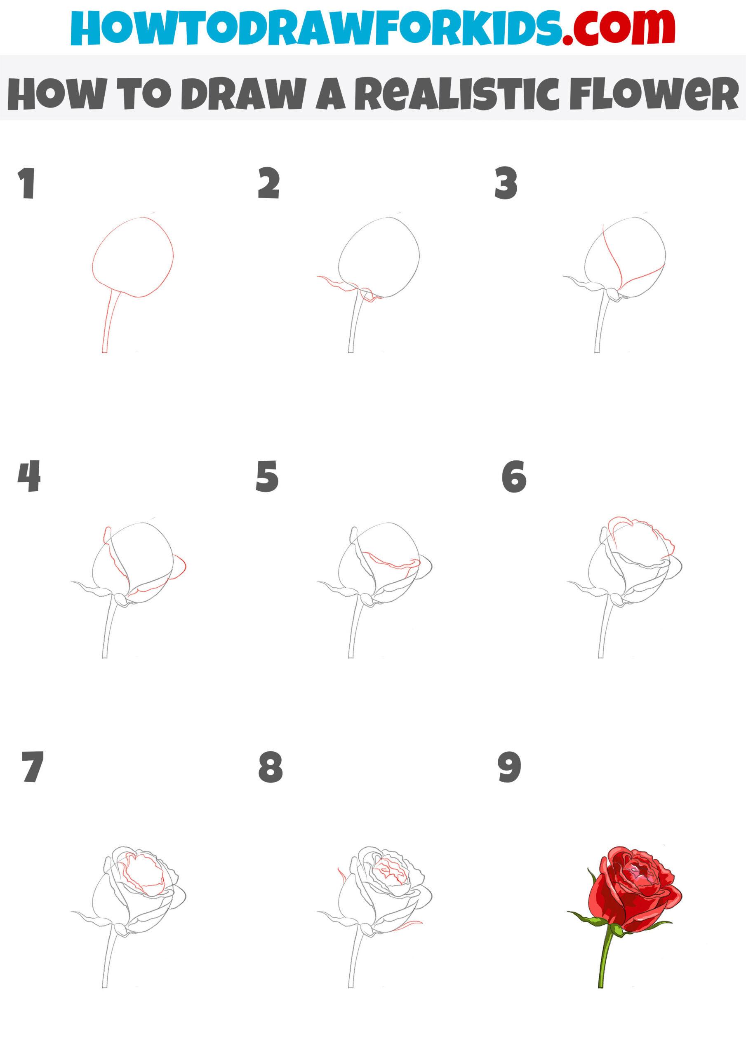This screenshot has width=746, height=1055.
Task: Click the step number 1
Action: tap(27, 183)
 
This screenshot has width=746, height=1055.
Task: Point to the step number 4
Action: tap(29, 476)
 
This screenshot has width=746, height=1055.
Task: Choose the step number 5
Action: tap(267, 476)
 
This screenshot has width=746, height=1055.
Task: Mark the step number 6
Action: tap(514, 476)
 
